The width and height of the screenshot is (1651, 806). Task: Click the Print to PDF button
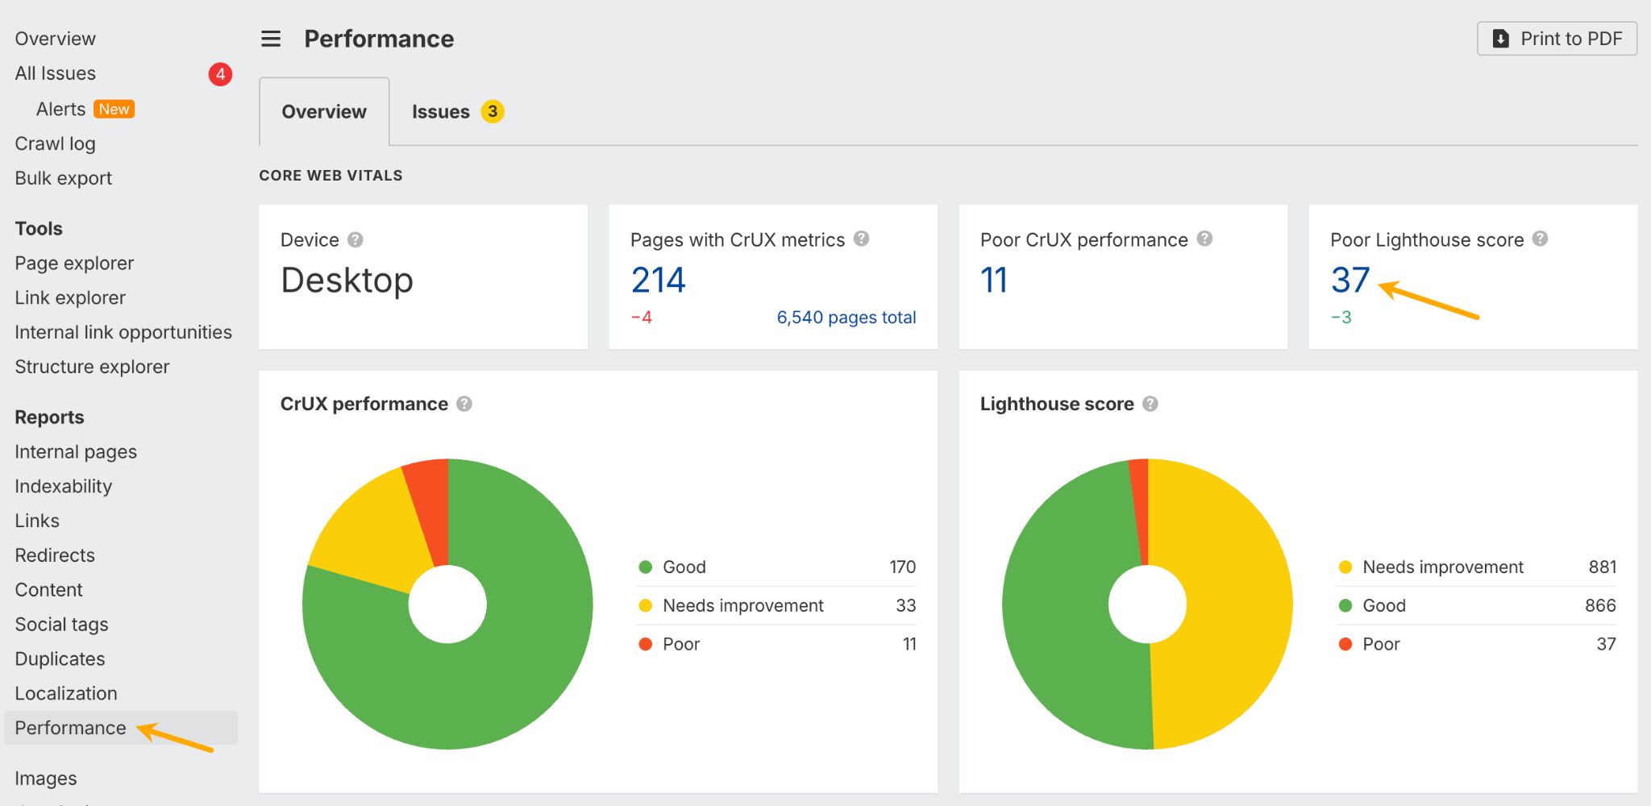point(1557,39)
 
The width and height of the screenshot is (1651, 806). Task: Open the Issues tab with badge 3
point(456,111)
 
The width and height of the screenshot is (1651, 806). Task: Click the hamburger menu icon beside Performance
point(271,39)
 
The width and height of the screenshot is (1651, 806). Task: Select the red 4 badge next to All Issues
point(220,74)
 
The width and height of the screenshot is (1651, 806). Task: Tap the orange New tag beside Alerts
point(114,109)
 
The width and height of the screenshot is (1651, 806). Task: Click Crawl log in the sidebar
point(55,143)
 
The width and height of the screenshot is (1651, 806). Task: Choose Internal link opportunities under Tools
point(123,332)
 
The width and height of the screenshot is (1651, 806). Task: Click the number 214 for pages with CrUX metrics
point(658,280)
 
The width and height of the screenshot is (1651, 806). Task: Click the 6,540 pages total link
point(846,318)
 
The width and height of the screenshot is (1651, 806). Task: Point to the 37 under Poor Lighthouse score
point(1349,280)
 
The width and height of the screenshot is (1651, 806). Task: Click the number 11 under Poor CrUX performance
point(993,280)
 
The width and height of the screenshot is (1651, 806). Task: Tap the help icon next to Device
point(355,239)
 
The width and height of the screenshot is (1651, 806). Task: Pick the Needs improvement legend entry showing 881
point(1442,567)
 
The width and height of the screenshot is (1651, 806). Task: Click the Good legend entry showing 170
point(684,567)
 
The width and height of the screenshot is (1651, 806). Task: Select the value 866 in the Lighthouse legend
point(1599,605)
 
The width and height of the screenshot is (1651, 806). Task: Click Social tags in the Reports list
point(61,624)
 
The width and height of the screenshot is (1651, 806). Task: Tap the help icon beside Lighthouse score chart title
point(1150,404)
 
